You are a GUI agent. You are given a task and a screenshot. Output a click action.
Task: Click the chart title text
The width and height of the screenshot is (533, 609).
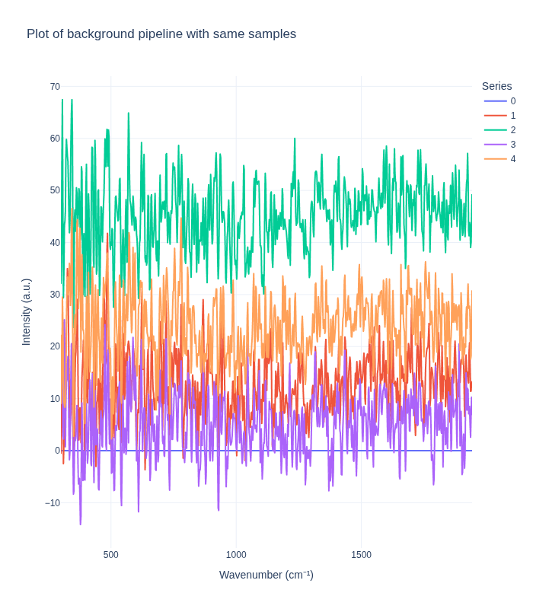point(161,34)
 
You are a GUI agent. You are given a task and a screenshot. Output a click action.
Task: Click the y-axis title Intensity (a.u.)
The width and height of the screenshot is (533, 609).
point(27,312)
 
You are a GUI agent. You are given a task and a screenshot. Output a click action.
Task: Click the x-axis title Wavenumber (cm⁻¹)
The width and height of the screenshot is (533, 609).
point(266,575)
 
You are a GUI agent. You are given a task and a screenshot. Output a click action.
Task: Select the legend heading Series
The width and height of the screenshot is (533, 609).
point(496,86)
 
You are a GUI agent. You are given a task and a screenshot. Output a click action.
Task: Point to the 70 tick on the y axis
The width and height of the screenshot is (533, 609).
point(55,87)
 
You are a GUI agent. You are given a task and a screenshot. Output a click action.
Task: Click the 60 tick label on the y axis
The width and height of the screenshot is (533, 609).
point(55,139)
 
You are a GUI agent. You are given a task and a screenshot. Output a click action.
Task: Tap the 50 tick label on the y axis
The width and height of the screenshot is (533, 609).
point(55,190)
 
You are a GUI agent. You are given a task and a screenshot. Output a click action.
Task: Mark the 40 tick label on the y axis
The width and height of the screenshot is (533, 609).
point(55,243)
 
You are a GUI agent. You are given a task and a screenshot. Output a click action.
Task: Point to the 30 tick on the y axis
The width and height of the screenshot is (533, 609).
point(55,295)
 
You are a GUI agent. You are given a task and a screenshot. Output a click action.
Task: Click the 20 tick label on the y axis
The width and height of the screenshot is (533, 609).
point(55,346)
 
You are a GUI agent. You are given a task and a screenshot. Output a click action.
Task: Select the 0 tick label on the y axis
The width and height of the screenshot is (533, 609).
point(57,451)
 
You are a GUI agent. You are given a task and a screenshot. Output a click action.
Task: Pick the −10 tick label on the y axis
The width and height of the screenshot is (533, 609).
point(53,502)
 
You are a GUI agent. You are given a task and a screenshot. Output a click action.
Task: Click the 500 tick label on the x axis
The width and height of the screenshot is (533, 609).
point(111,555)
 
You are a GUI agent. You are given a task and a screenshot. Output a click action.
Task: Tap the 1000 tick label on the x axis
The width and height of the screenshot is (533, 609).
point(236,555)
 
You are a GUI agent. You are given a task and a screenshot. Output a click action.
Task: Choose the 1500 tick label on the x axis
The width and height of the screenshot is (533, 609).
point(361,555)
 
